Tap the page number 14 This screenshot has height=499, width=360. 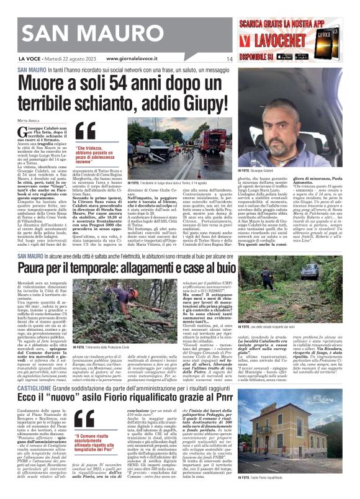[x=229, y=59]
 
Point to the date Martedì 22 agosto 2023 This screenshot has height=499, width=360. [x=64, y=59]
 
